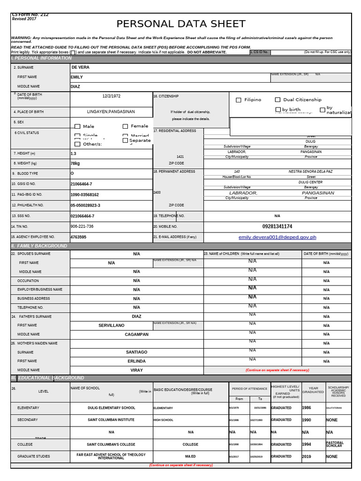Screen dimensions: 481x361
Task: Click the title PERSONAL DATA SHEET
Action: click(x=180, y=24)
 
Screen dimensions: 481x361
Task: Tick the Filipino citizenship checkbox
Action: click(x=238, y=100)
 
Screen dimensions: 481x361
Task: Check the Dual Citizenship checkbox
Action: click(x=278, y=100)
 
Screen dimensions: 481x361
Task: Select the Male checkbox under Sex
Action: click(x=78, y=126)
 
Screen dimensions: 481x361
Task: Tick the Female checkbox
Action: click(x=126, y=126)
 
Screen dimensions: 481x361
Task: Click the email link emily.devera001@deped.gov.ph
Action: click(x=277, y=238)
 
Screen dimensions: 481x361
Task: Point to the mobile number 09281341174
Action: click(x=277, y=226)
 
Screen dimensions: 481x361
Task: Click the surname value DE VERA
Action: click(x=80, y=67)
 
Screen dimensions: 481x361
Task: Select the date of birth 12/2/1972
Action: click(x=111, y=96)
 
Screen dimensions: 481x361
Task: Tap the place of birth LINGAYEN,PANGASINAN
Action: click(x=111, y=112)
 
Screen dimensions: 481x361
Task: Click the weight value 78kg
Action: click(x=75, y=163)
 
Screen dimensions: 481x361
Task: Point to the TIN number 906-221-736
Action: click(x=82, y=226)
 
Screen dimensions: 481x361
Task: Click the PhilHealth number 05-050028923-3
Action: click(x=85, y=206)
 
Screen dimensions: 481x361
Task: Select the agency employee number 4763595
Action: click(x=78, y=237)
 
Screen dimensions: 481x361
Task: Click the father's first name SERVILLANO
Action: click(x=111, y=326)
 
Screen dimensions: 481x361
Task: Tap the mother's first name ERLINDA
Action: click(x=136, y=361)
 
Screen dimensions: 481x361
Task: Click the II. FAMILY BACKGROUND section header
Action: click(x=39, y=246)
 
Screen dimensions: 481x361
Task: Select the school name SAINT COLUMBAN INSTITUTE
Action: click(x=111, y=420)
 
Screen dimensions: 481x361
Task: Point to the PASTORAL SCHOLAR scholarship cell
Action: click(x=335, y=444)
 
